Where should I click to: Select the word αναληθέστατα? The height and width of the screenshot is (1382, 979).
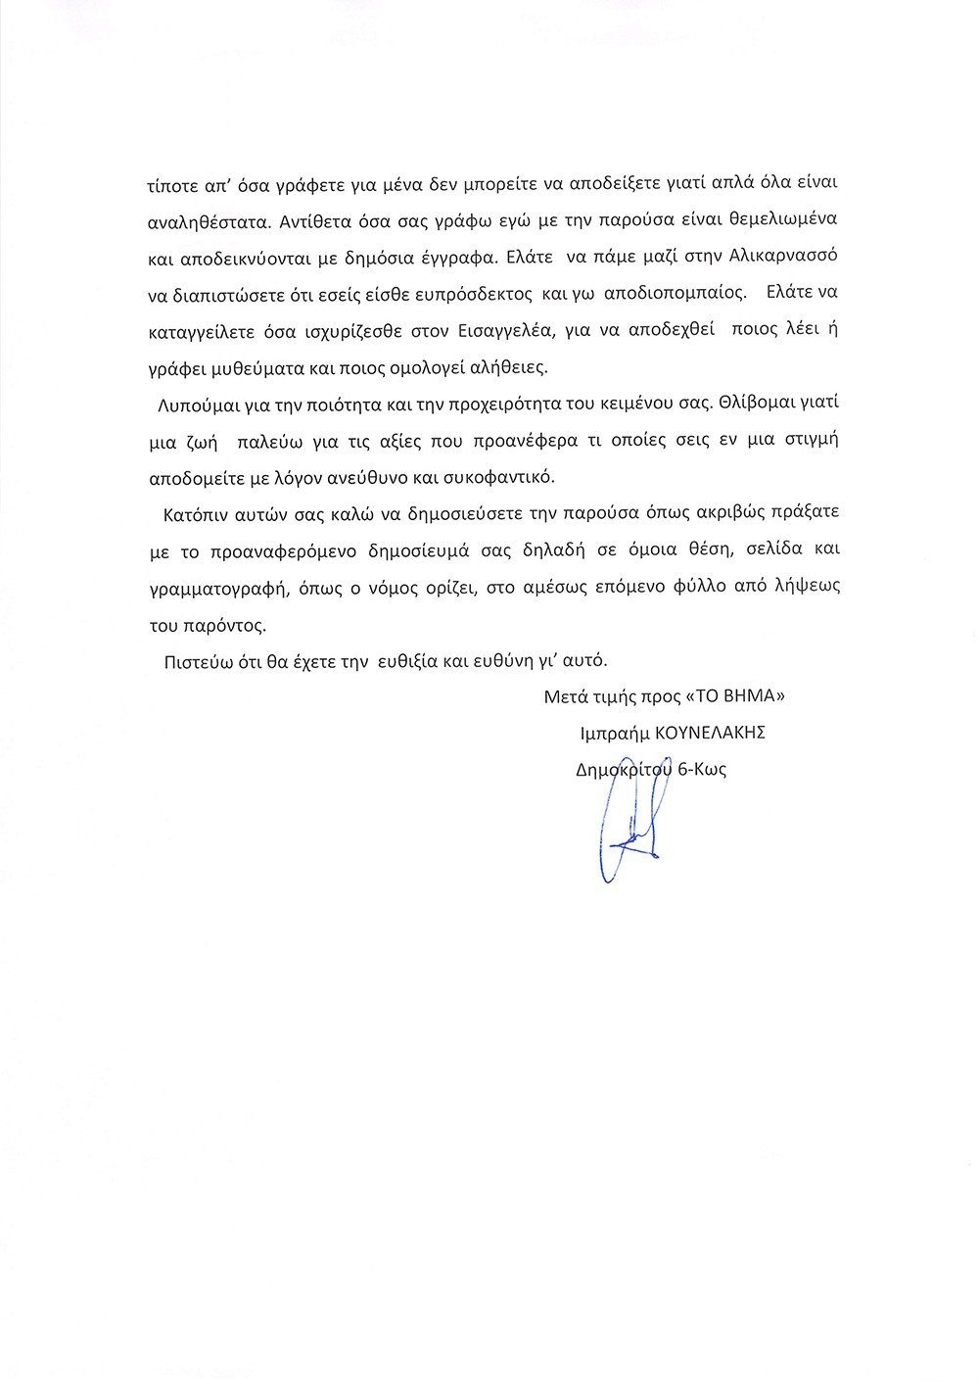point(207,221)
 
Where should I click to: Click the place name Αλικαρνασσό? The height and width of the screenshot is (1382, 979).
point(783,256)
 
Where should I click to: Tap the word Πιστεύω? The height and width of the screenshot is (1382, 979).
point(199,661)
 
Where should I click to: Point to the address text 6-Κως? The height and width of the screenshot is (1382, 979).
point(702,770)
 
